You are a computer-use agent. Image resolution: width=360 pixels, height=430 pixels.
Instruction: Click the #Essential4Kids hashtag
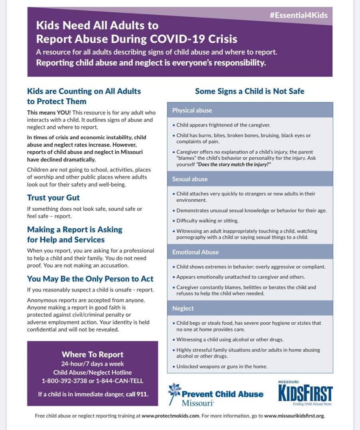[298, 15]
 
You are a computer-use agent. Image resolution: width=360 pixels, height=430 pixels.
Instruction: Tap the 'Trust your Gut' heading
[53, 197]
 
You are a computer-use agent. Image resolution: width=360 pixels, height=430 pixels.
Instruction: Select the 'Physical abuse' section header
[192, 110]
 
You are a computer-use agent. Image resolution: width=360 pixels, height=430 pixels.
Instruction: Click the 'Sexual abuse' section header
[190, 179]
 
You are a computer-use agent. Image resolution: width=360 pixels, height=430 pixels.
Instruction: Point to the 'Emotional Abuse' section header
[196, 252]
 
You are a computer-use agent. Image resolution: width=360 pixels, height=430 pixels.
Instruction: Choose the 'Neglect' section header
[183, 308]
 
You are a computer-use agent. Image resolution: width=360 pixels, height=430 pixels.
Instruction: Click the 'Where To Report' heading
[92, 354]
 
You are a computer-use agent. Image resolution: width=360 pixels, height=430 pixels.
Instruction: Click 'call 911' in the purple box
[137, 394]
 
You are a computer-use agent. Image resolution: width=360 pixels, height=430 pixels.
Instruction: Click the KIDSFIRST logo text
[305, 393]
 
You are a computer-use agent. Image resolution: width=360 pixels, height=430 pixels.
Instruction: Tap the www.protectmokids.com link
[170, 416]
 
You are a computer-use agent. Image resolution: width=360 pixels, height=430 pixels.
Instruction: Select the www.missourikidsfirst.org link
[294, 416]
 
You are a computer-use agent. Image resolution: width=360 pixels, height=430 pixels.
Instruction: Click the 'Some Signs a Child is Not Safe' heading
[250, 91]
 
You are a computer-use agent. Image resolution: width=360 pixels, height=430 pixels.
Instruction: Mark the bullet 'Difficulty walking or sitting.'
[208, 221]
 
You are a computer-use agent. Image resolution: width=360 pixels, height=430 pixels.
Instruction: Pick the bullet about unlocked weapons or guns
[222, 366]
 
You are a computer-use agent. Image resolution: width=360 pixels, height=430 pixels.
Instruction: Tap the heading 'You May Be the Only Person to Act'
[90, 279]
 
